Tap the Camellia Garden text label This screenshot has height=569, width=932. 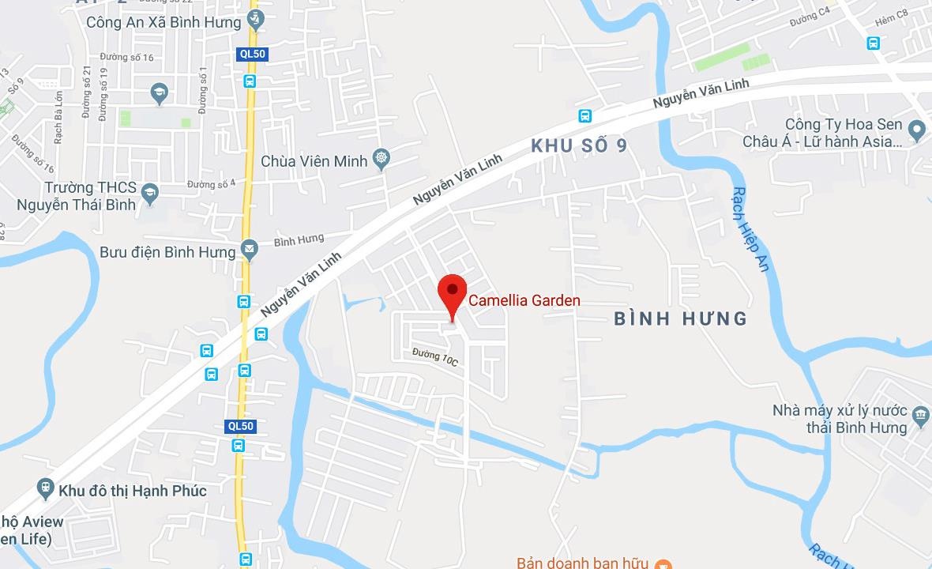[524, 300]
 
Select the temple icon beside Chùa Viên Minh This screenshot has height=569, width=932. [382, 159]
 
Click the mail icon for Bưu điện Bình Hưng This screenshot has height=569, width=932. [250, 251]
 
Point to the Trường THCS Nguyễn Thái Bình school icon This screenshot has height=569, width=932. [149, 191]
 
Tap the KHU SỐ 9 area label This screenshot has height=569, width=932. [584, 146]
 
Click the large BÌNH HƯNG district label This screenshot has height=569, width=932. [680, 318]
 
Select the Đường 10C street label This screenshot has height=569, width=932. [435, 358]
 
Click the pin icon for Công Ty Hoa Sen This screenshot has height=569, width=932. [916, 129]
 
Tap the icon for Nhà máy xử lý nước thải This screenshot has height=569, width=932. [920, 415]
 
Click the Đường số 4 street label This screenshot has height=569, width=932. [212, 184]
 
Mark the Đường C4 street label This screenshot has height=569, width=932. [811, 17]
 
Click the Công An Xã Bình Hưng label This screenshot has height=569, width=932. [163, 22]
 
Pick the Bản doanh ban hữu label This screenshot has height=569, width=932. [583, 563]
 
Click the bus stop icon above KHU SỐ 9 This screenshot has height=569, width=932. [584, 115]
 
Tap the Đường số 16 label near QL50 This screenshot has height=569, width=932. [127, 58]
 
